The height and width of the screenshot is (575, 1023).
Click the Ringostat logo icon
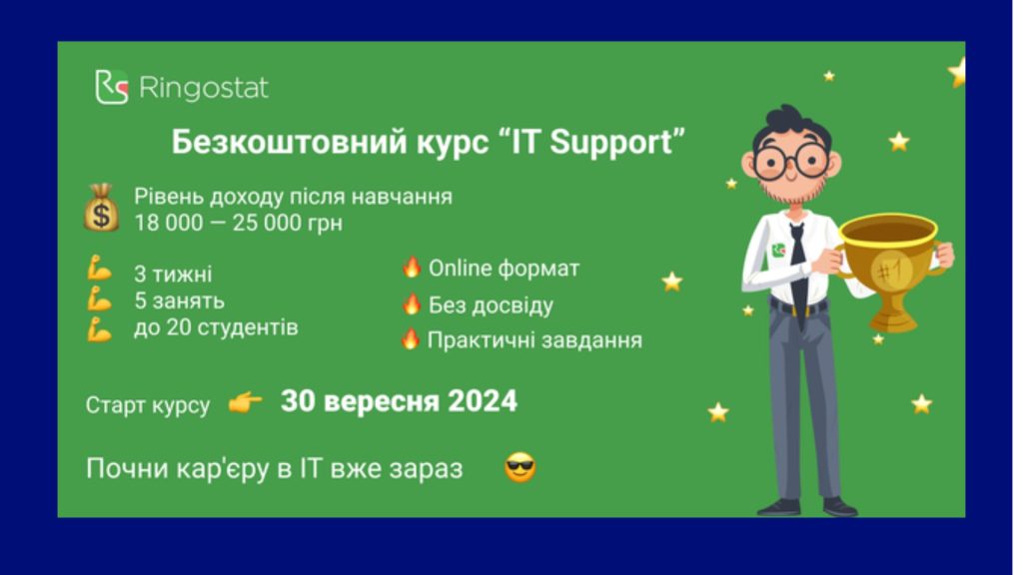tap(112, 88)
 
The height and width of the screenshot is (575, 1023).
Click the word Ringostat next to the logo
tap(204, 88)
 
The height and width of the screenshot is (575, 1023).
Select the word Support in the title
tap(610, 143)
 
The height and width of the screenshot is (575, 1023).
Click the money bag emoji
tap(101, 208)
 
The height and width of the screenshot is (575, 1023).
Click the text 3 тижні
tap(173, 274)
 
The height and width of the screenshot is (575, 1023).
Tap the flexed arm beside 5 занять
tap(99, 298)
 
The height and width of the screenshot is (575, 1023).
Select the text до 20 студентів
tap(216, 327)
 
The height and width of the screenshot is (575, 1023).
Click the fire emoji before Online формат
tap(411, 267)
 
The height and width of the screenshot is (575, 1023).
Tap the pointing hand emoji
tap(246, 403)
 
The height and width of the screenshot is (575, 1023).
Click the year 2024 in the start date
tap(483, 401)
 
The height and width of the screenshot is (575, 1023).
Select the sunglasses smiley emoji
tap(519, 467)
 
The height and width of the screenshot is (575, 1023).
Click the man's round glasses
tap(791, 162)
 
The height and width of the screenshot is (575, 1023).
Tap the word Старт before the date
tap(115, 405)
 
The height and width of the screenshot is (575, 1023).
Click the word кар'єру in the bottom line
tap(223, 469)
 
